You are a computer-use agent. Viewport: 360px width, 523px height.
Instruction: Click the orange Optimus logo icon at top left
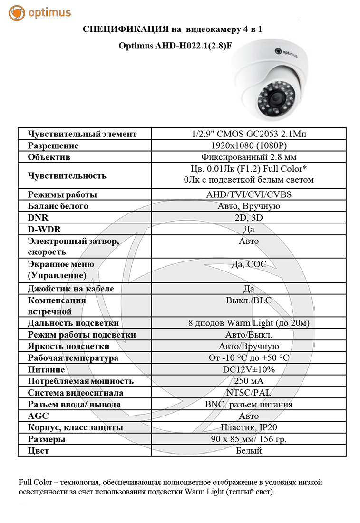pos(16,13)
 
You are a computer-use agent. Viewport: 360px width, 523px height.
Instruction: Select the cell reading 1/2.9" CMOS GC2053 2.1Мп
pos(249,134)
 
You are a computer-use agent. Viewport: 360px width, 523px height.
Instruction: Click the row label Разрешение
pos(53,145)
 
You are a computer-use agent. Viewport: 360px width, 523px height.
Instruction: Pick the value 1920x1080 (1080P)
pos(249,145)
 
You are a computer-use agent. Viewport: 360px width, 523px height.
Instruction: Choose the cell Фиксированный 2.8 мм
pos(249,157)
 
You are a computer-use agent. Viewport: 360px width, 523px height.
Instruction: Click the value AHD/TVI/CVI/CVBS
pos(249,195)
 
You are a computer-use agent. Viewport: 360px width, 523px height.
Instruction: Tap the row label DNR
pos(37,218)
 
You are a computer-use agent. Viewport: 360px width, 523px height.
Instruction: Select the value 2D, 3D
pos(249,218)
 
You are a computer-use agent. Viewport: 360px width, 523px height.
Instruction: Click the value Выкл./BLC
pos(249,300)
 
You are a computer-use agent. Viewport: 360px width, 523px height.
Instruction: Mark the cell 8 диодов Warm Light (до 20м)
pos(249,323)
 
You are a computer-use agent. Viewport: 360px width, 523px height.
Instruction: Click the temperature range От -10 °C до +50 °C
pos(249,358)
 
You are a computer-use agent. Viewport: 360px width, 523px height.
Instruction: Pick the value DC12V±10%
pos(249,369)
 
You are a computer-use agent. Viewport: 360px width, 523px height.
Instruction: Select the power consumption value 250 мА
pos(249,381)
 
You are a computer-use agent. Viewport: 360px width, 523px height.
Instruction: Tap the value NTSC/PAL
pos(249,393)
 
